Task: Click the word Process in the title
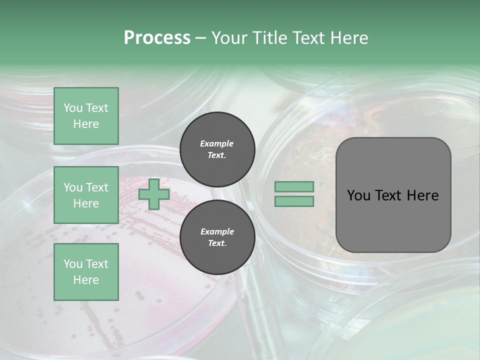tap(157, 38)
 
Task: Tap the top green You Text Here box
tap(86, 116)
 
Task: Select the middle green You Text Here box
tap(86, 195)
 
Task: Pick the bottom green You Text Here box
tap(86, 271)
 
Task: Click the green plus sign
tap(154, 194)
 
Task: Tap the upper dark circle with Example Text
tap(217, 149)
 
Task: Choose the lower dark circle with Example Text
tap(217, 237)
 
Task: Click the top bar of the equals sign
tap(294, 186)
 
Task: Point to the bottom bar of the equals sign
tap(294, 201)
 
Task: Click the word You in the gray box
tap(358, 195)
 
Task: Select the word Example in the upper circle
tap(217, 143)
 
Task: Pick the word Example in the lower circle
tap(217, 231)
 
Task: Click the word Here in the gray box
tap(423, 195)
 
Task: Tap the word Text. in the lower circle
tap(217, 243)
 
